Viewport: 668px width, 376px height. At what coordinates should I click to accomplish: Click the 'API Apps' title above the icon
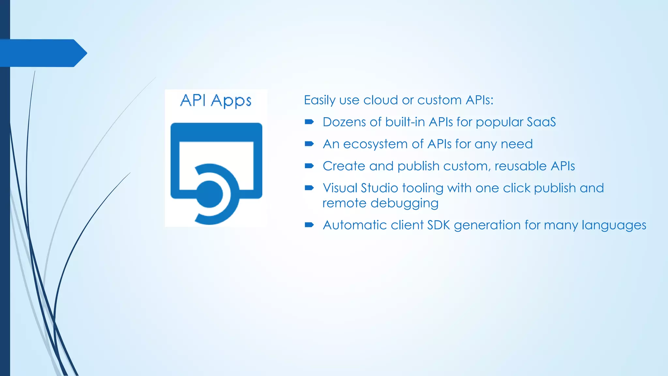click(x=216, y=101)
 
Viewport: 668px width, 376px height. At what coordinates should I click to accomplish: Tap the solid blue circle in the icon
click(x=209, y=195)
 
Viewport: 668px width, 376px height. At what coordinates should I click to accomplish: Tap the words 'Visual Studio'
click(x=360, y=188)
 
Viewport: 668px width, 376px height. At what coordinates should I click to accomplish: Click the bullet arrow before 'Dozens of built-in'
click(x=309, y=122)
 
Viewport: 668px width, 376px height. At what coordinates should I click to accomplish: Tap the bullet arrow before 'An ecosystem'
click(x=309, y=144)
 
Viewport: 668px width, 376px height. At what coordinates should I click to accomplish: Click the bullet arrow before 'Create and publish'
click(x=309, y=166)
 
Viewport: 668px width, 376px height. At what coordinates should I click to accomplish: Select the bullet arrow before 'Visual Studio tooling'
click(x=309, y=188)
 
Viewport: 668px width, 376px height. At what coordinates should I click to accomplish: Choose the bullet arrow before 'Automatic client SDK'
click(x=309, y=225)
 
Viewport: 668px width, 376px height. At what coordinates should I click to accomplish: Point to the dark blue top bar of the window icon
click(x=216, y=132)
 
